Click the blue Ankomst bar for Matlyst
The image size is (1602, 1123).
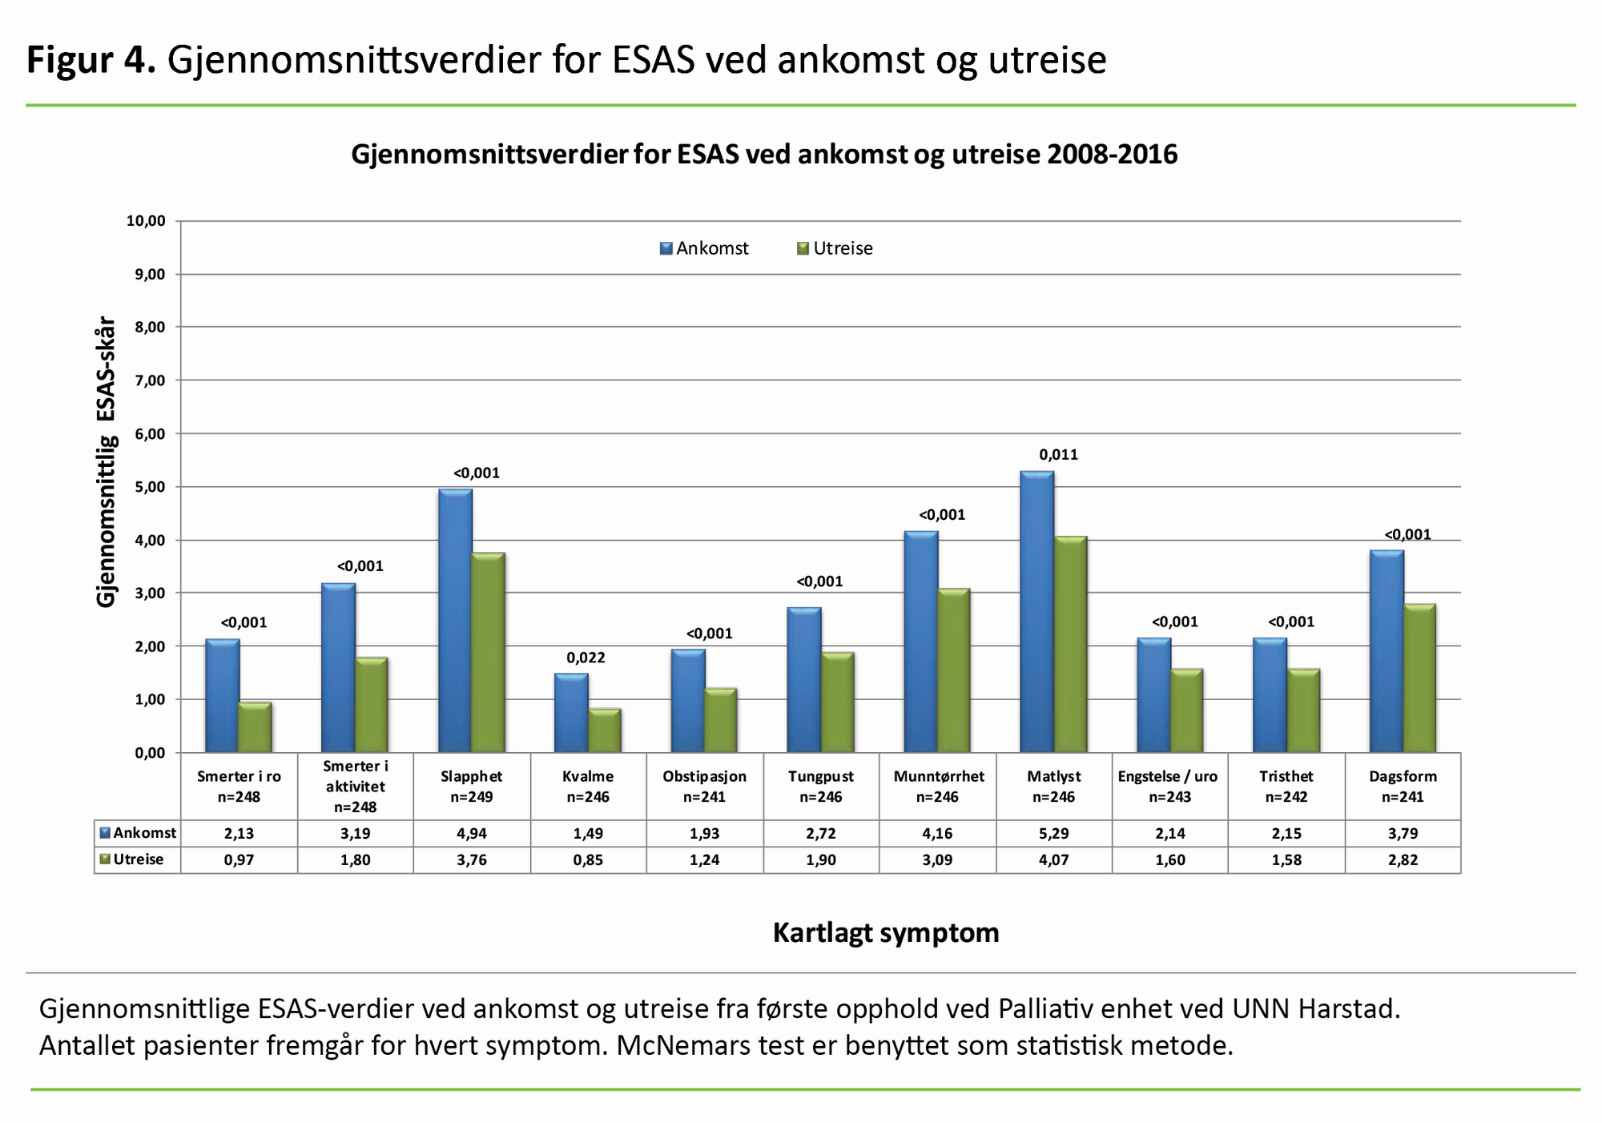click(x=1036, y=612)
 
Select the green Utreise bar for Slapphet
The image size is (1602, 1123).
click(x=488, y=652)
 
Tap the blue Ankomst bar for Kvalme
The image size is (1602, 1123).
click(x=571, y=713)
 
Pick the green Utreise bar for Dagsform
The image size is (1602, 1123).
click(x=1419, y=678)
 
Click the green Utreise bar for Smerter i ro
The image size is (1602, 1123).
click(x=255, y=727)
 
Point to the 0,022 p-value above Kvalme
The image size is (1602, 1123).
click(x=586, y=658)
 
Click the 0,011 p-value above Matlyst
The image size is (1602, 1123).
click(x=1058, y=455)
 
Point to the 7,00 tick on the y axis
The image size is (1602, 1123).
click(x=145, y=380)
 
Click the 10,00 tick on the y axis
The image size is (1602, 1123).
click(x=145, y=221)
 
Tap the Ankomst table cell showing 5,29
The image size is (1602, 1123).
click(x=1053, y=833)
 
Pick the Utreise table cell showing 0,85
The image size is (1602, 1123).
click(x=588, y=859)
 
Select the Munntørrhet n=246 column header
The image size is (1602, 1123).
click(x=938, y=786)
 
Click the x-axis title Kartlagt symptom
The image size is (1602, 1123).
click(x=886, y=933)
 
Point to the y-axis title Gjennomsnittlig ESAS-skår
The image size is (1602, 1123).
click(x=106, y=462)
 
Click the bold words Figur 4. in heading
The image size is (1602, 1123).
click(x=91, y=59)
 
